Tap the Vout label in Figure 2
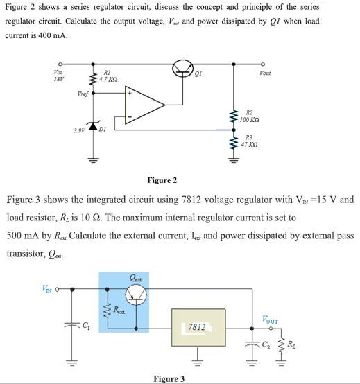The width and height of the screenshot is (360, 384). pos(266,73)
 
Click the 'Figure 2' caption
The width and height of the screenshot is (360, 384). pos(162,180)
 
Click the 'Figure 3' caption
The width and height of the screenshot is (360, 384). pos(169,378)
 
